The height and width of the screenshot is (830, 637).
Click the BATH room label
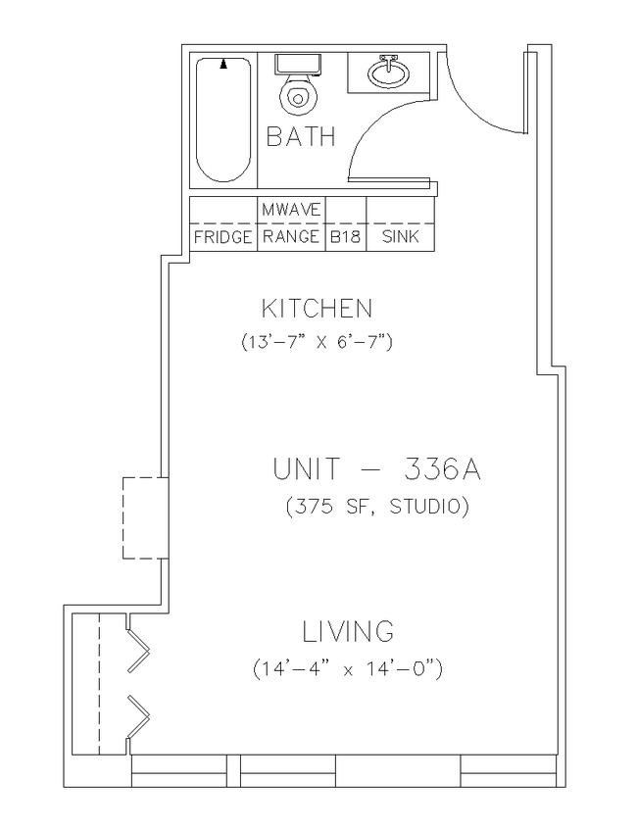301,136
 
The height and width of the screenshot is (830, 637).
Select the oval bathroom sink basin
389,74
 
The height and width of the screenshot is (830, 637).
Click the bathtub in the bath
222,121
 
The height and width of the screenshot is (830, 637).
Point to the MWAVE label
291,210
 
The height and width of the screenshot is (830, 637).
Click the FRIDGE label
222,237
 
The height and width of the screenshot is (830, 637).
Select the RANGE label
291,236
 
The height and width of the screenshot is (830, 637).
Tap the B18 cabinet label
345,237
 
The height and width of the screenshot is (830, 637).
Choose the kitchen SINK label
400,236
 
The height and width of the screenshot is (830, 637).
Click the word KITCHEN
318,309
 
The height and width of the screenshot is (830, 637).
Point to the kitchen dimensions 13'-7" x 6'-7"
317,341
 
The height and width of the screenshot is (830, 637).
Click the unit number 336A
443,469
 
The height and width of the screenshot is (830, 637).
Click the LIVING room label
349,631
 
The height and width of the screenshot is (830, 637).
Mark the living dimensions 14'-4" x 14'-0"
347,669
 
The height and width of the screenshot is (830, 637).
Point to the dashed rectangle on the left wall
123,518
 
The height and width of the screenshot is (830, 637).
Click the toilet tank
298,64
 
